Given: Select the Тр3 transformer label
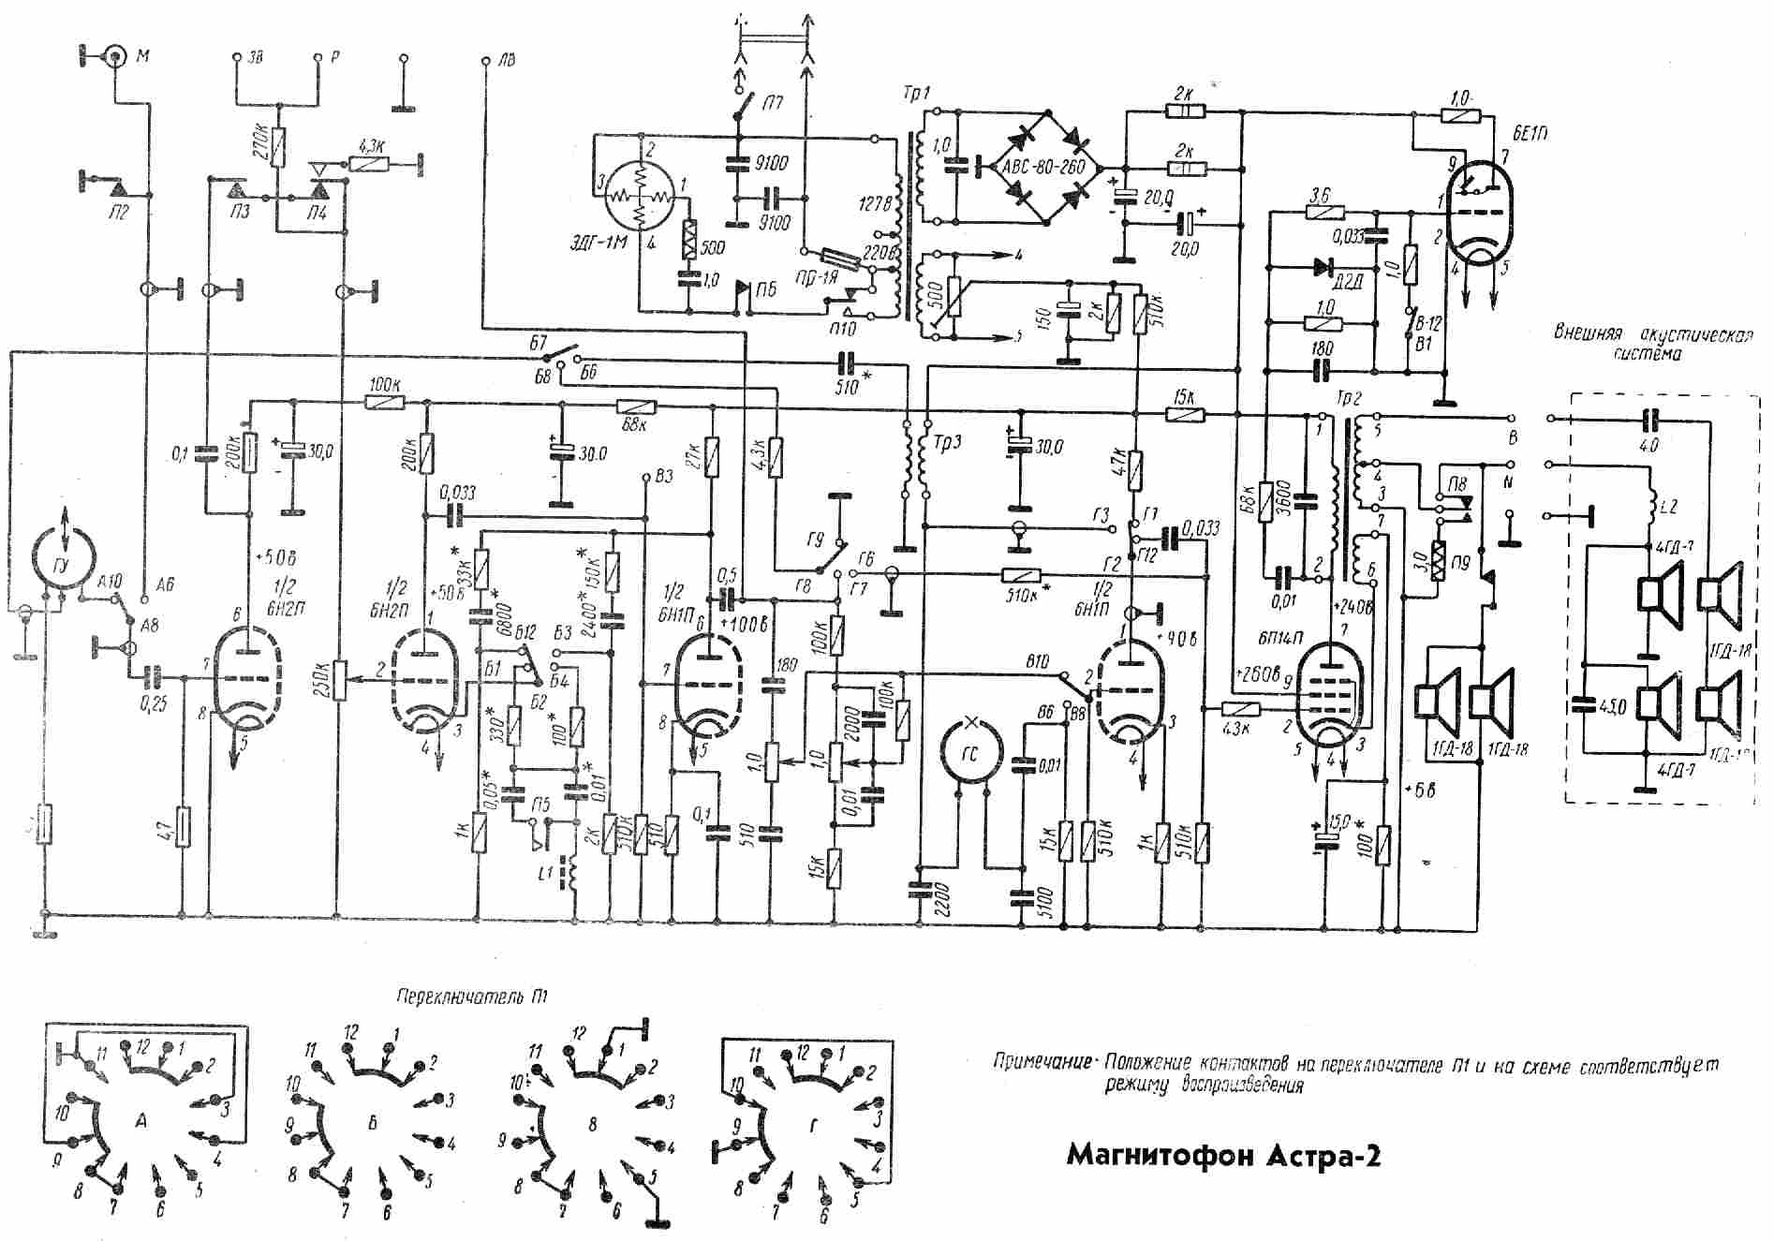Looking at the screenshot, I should point(948,441).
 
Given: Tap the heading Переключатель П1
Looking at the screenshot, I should point(472,995).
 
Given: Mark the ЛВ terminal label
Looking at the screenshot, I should point(507,61).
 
